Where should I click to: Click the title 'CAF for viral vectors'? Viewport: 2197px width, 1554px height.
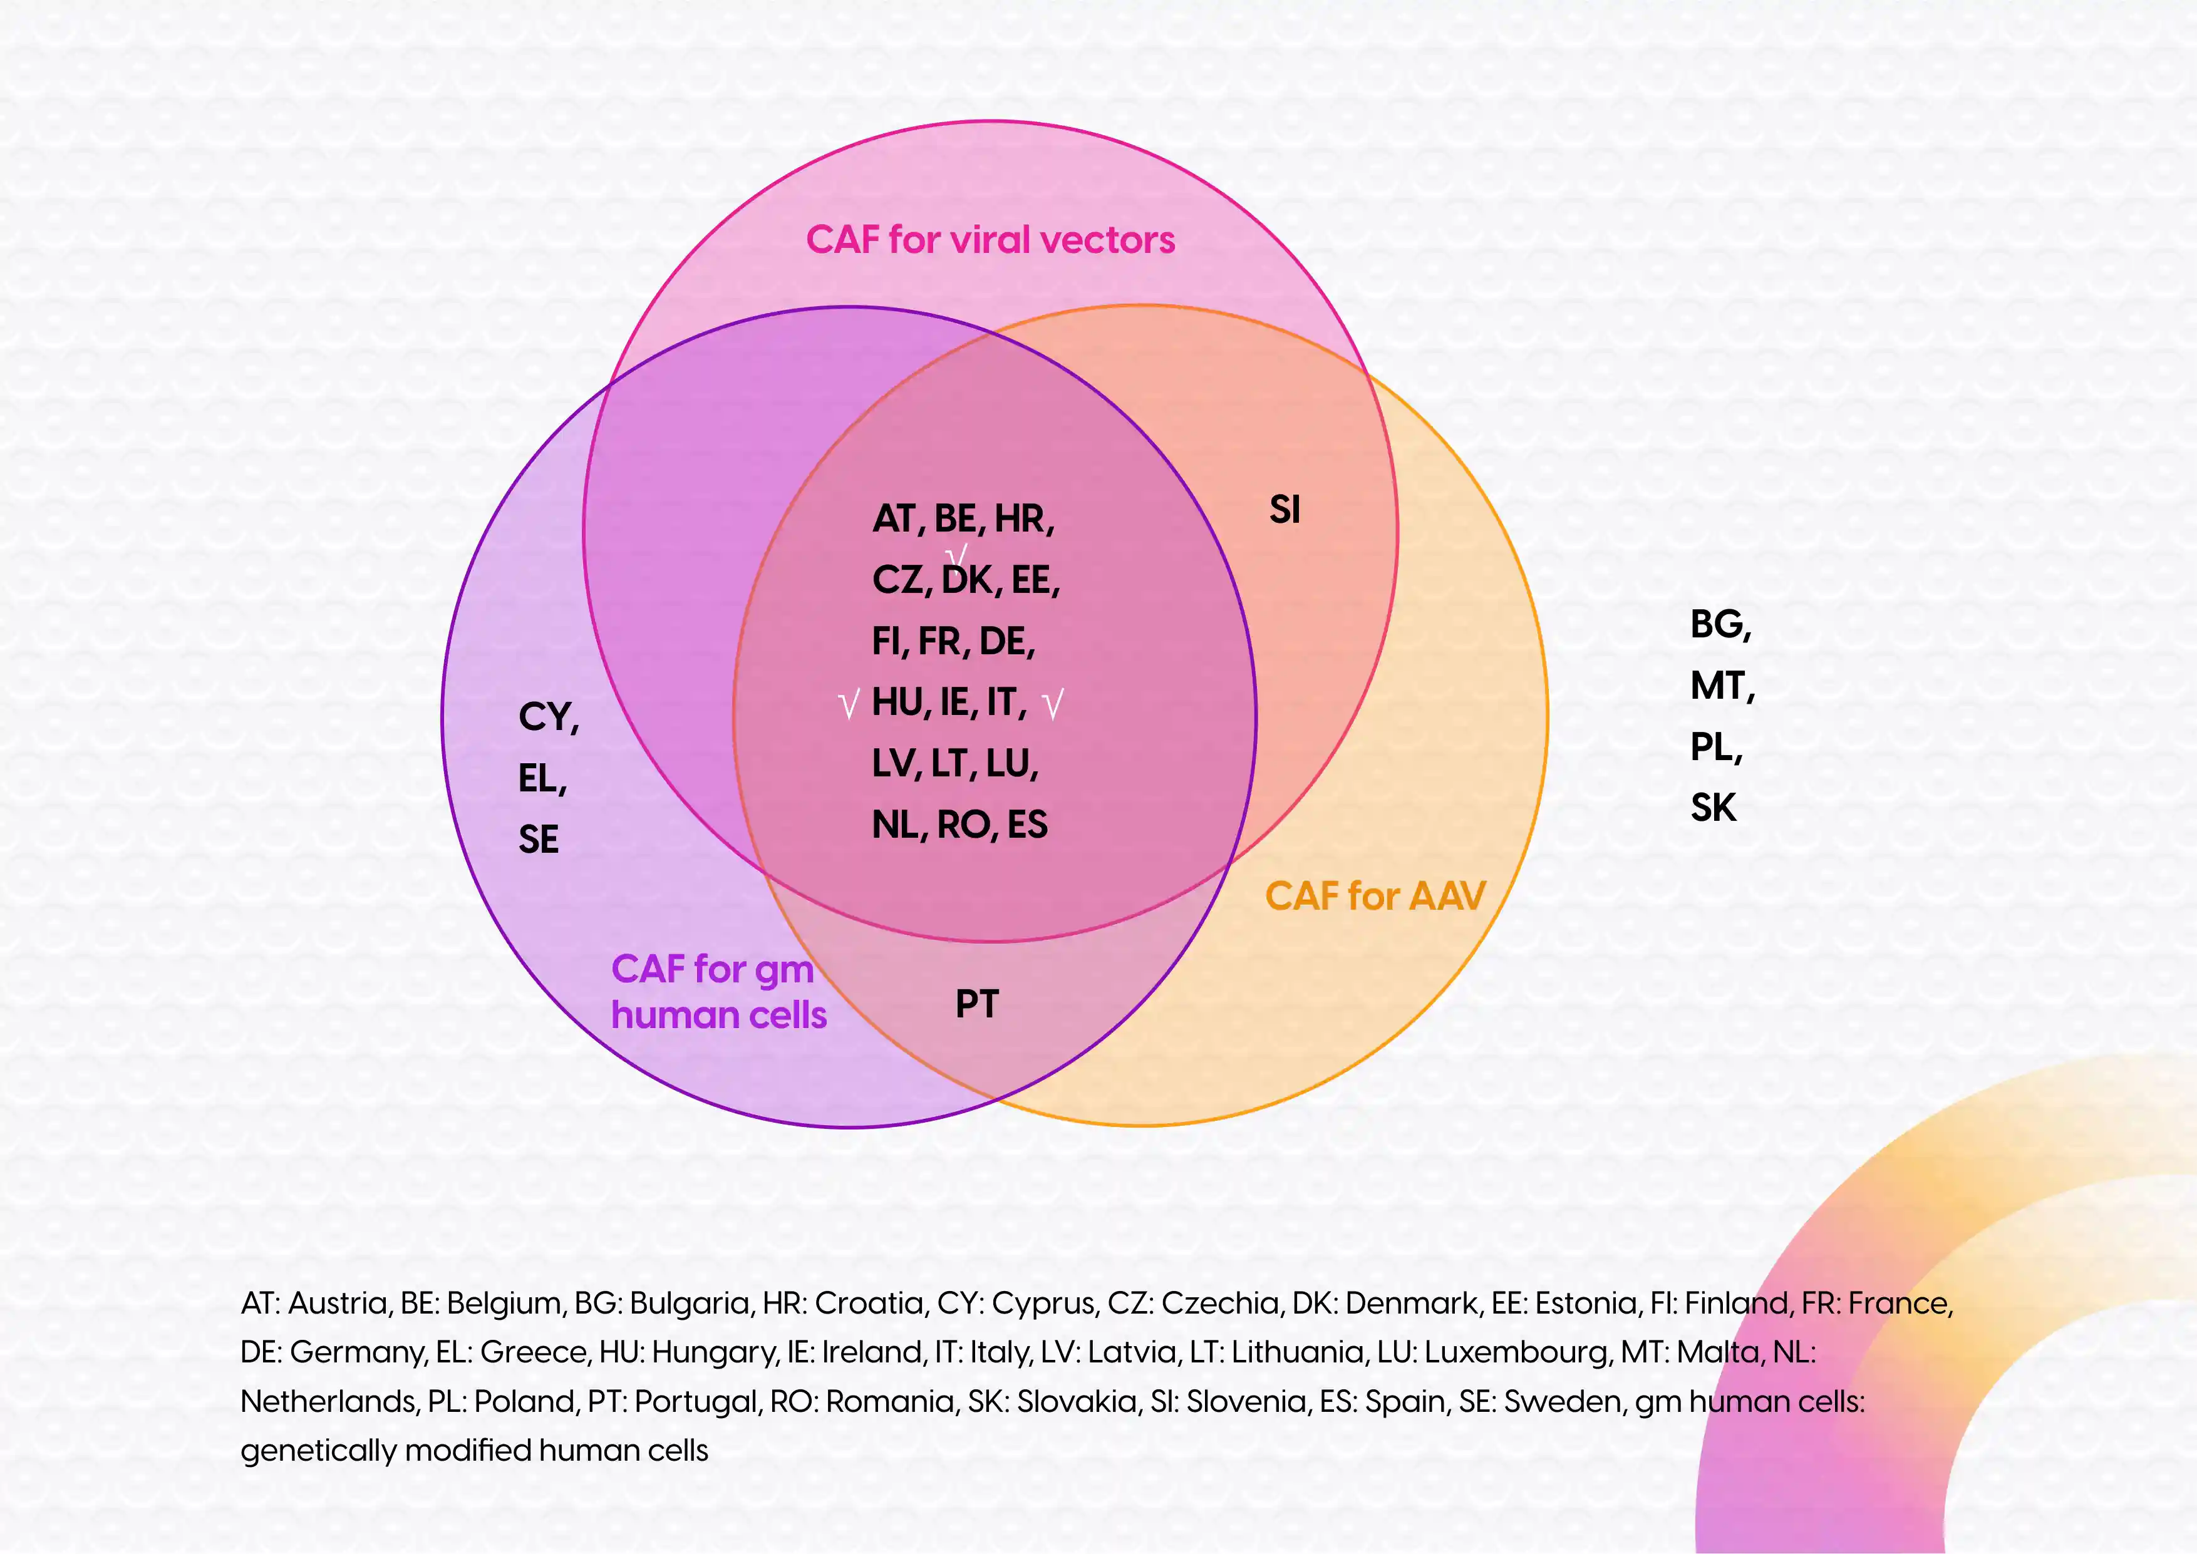tap(990, 239)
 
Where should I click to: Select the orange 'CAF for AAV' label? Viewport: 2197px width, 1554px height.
tap(1375, 897)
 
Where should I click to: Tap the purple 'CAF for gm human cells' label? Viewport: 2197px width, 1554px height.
tap(718, 992)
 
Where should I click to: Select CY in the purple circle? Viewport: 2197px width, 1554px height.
tap(546, 717)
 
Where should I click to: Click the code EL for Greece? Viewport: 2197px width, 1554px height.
tap(540, 779)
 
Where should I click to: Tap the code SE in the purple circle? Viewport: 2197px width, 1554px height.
tap(538, 839)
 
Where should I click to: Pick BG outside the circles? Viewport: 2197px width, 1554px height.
tap(1719, 625)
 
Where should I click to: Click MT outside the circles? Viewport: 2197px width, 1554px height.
tap(1720, 686)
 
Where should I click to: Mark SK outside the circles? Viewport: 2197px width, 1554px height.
tap(1712, 808)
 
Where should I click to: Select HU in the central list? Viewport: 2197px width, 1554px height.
tap(897, 702)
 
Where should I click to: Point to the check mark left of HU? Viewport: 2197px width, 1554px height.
tap(849, 705)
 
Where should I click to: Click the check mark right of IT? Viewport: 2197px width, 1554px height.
tap(1053, 705)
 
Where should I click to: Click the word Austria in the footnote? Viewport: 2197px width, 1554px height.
tap(338, 1304)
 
